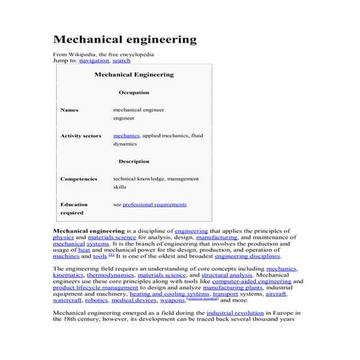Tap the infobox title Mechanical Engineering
[134, 74]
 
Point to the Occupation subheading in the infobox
[134, 92]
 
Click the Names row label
[69, 110]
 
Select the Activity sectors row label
[80, 136]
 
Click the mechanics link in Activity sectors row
[127, 136]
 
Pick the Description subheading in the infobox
[134, 161]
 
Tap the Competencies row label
[79, 178]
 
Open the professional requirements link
[155, 205]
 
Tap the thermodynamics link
[110, 276]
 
